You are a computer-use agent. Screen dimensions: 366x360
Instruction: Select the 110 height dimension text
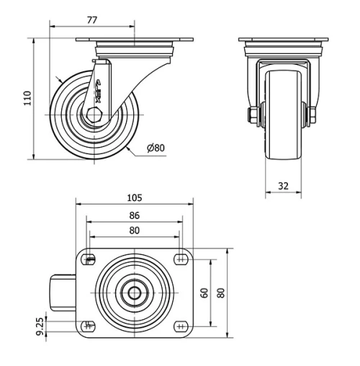click(27, 97)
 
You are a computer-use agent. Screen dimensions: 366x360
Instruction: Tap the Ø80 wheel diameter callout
click(156, 148)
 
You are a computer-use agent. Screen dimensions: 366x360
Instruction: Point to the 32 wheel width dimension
click(283, 186)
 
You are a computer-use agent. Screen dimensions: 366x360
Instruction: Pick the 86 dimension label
click(134, 215)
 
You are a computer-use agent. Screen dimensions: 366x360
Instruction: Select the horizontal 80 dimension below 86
click(134, 231)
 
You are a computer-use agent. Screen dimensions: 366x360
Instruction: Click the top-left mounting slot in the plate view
click(89, 260)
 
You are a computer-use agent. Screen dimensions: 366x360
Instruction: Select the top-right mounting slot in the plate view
click(179, 260)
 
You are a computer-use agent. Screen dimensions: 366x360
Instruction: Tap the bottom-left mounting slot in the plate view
click(89, 325)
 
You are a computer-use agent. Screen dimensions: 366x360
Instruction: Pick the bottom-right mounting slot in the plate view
click(179, 325)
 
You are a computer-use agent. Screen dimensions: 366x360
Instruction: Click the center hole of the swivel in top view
click(134, 293)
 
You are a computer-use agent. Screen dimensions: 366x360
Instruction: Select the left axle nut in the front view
click(253, 115)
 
